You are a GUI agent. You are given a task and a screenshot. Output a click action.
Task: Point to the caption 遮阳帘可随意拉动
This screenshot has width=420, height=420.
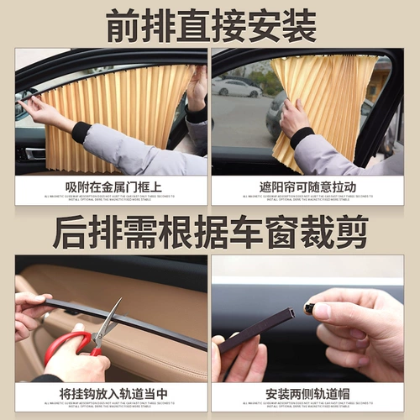tap(307, 186)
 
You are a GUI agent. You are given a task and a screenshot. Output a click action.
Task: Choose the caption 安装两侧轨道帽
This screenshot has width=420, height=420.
tap(307, 393)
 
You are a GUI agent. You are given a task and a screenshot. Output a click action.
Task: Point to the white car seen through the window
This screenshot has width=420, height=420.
tap(238, 87)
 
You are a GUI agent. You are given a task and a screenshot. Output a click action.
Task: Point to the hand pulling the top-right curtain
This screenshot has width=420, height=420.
tap(294, 118)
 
